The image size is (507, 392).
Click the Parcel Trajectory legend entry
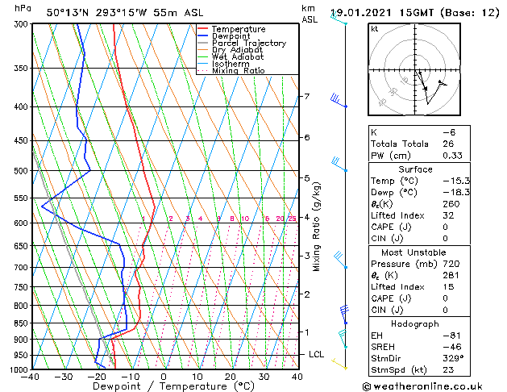pyautogui.click(x=248, y=43)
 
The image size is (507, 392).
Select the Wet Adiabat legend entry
pyautogui.click(x=238, y=56)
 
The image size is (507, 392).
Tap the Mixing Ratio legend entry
pyautogui.click(x=238, y=71)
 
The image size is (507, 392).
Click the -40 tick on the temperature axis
pyautogui.click(x=31, y=377)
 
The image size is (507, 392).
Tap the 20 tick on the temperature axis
pyautogui.click(x=231, y=377)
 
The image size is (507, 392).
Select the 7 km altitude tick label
pyautogui.click(x=306, y=97)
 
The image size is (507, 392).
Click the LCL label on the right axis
pyautogui.click(x=317, y=354)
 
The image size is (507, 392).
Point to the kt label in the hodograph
pyautogui.click(x=374, y=28)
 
